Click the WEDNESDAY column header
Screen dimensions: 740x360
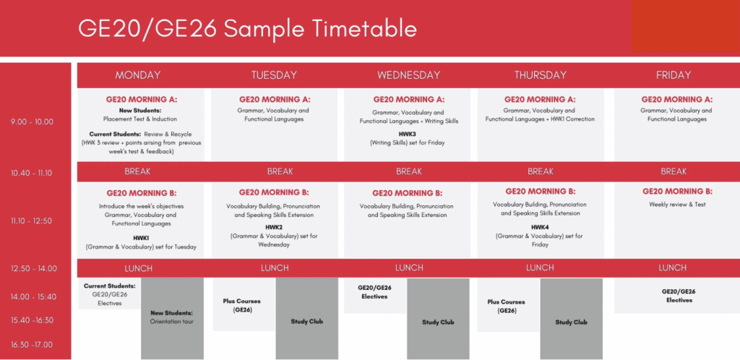(x=408, y=75)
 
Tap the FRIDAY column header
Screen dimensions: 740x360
(x=673, y=75)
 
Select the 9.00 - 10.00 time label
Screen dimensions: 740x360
(x=32, y=121)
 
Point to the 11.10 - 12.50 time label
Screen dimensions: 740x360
(x=32, y=220)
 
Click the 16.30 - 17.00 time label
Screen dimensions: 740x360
(x=32, y=344)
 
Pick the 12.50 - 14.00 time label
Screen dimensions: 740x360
(x=33, y=268)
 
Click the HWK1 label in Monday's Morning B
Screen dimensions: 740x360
(x=141, y=239)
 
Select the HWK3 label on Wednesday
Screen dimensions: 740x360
(x=408, y=134)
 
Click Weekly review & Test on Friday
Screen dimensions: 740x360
(x=677, y=205)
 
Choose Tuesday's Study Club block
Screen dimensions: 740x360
(x=306, y=319)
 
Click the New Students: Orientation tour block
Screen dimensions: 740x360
(x=172, y=319)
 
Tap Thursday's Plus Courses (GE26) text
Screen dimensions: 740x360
(x=507, y=307)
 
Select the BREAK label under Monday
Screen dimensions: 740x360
(x=137, y=171)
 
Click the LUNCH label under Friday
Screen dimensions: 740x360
(x=673, y=268)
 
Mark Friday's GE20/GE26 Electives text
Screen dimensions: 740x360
(x=679, y=296)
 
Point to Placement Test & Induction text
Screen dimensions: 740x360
(x=140, y=119)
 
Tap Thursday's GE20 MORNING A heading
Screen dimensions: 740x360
(x=540, y=100)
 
